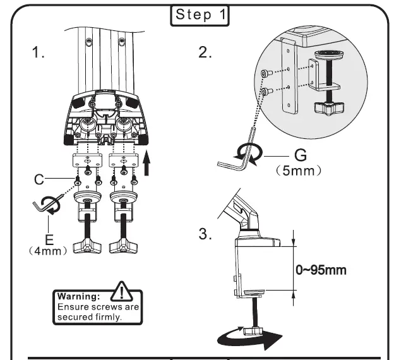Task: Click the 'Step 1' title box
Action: coord(200,16)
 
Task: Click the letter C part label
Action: coord(39,180)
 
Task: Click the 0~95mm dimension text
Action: coord(321,270)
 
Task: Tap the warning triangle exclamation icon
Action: coord(120,292)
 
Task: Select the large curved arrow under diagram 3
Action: coord(250,339)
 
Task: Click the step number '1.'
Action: coord(39,53)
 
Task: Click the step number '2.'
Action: coord(206,52)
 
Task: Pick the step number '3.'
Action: coord(206,234)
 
